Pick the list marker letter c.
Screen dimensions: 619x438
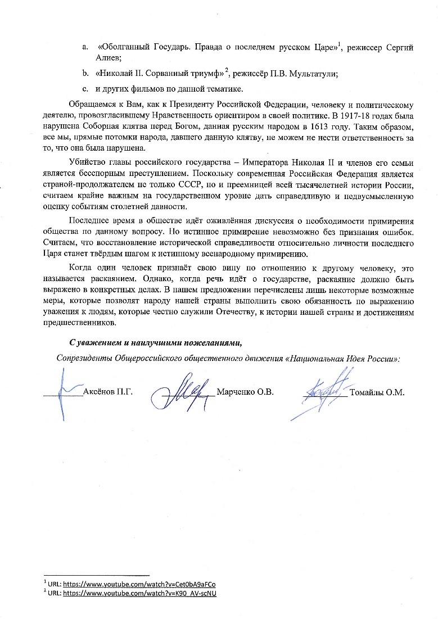coord(84,89)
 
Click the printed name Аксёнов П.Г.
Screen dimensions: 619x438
coord(107,392)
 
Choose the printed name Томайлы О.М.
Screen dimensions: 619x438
coord(377,392)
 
